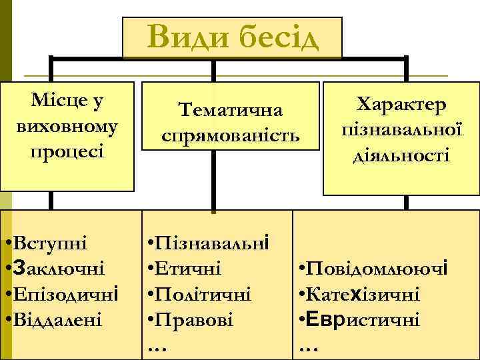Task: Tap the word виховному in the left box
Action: click(x=67, y=125)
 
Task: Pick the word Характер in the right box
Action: click(x=401, y=105)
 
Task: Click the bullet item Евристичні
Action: click(x=363, y=319)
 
